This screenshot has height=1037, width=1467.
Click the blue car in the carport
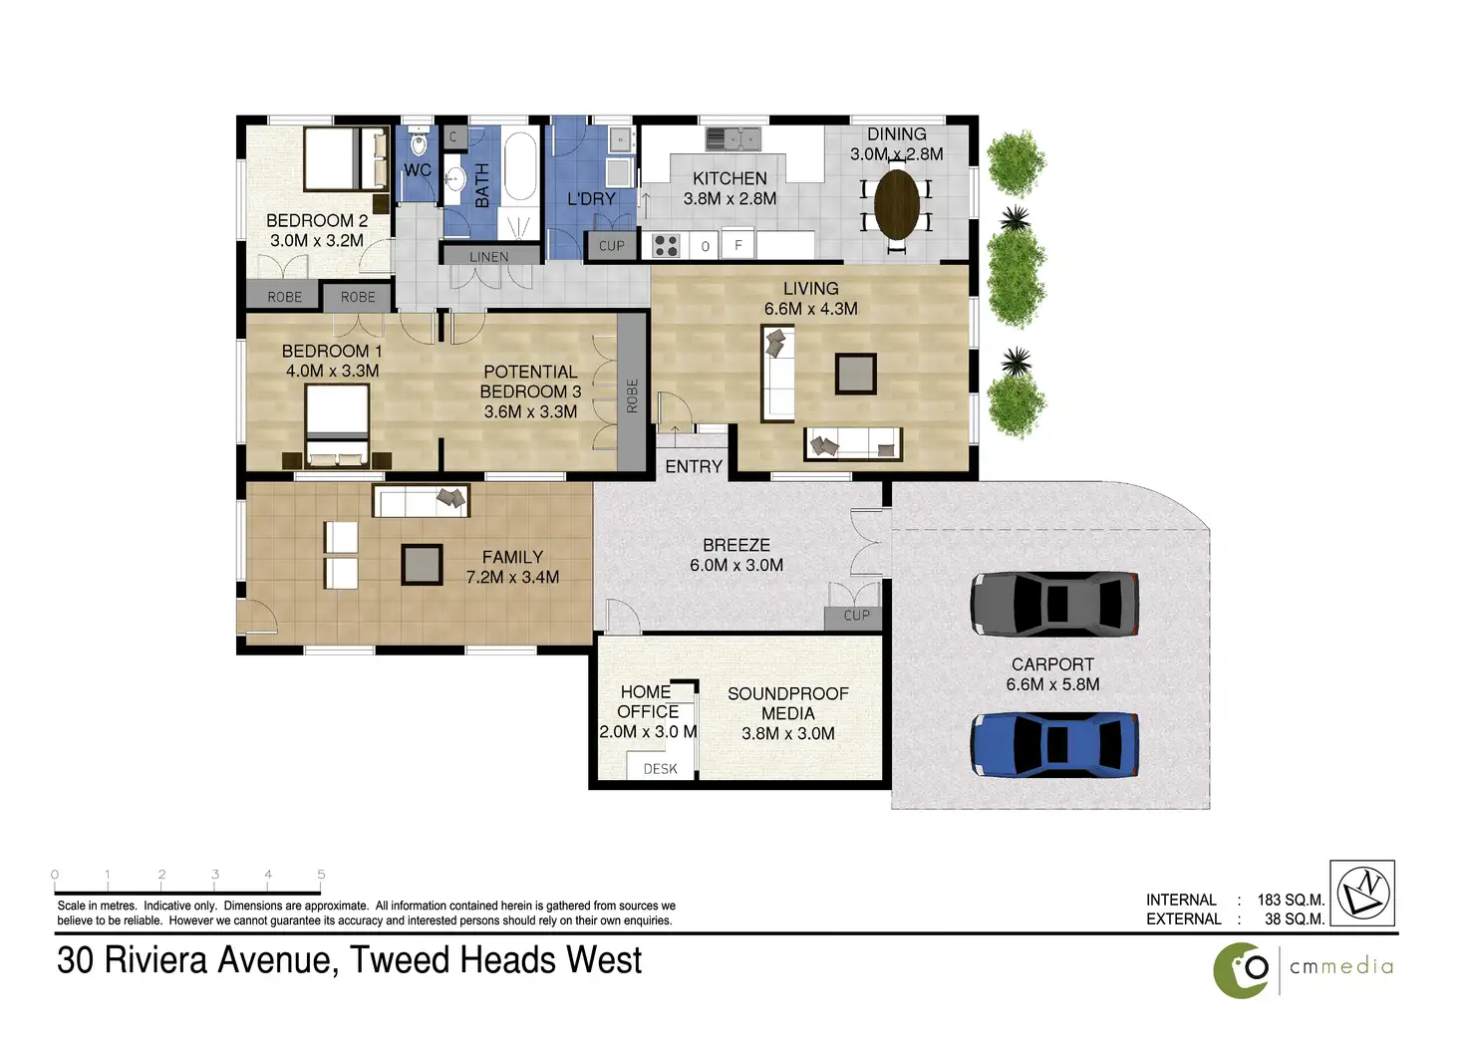point(1054,744)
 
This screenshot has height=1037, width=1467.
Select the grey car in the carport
point(1054,603)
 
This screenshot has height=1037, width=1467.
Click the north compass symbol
point(1363,893)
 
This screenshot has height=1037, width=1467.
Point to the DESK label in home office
point(660,769)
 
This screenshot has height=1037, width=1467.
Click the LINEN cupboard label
point(488,257)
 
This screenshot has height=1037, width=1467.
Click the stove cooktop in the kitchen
point(666,245)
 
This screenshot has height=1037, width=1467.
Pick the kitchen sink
point(733,138)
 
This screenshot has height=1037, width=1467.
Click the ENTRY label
point(694,467)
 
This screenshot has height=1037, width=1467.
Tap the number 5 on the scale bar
point(321,874)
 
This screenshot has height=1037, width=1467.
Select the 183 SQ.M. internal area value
point(1291,900)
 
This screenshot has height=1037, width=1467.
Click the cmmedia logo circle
point(1240,970)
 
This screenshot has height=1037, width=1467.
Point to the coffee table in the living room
point(855,374)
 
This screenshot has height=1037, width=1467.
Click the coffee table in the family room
point(422,565)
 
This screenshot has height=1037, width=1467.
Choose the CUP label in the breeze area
point(857,616)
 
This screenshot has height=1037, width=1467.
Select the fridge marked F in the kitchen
point(738,245)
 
